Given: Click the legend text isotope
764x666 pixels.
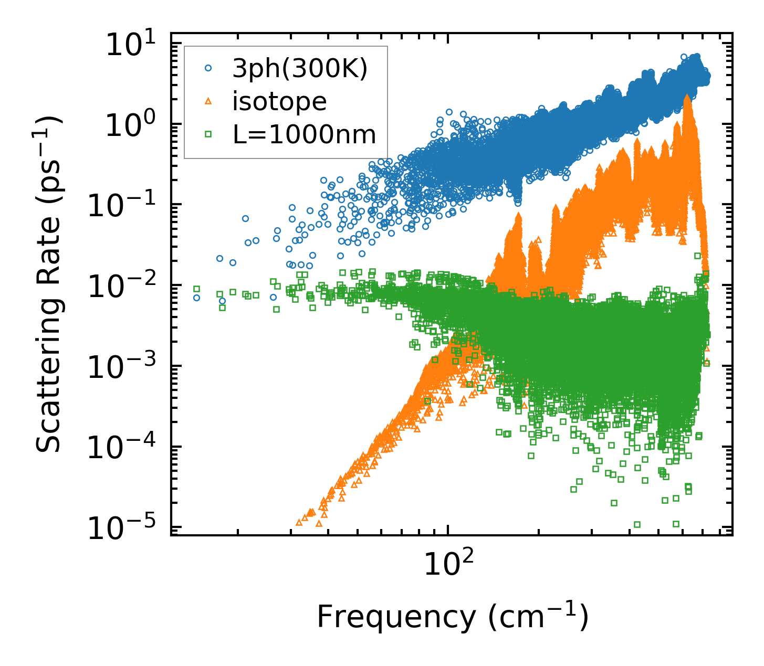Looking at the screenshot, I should click(x=279, y=102).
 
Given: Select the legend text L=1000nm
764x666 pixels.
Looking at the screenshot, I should click(x=305, y=135).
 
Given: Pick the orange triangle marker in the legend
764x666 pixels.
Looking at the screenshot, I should click(x=208, y=101).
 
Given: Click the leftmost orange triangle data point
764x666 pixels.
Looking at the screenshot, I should click(x=299, y=523).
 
